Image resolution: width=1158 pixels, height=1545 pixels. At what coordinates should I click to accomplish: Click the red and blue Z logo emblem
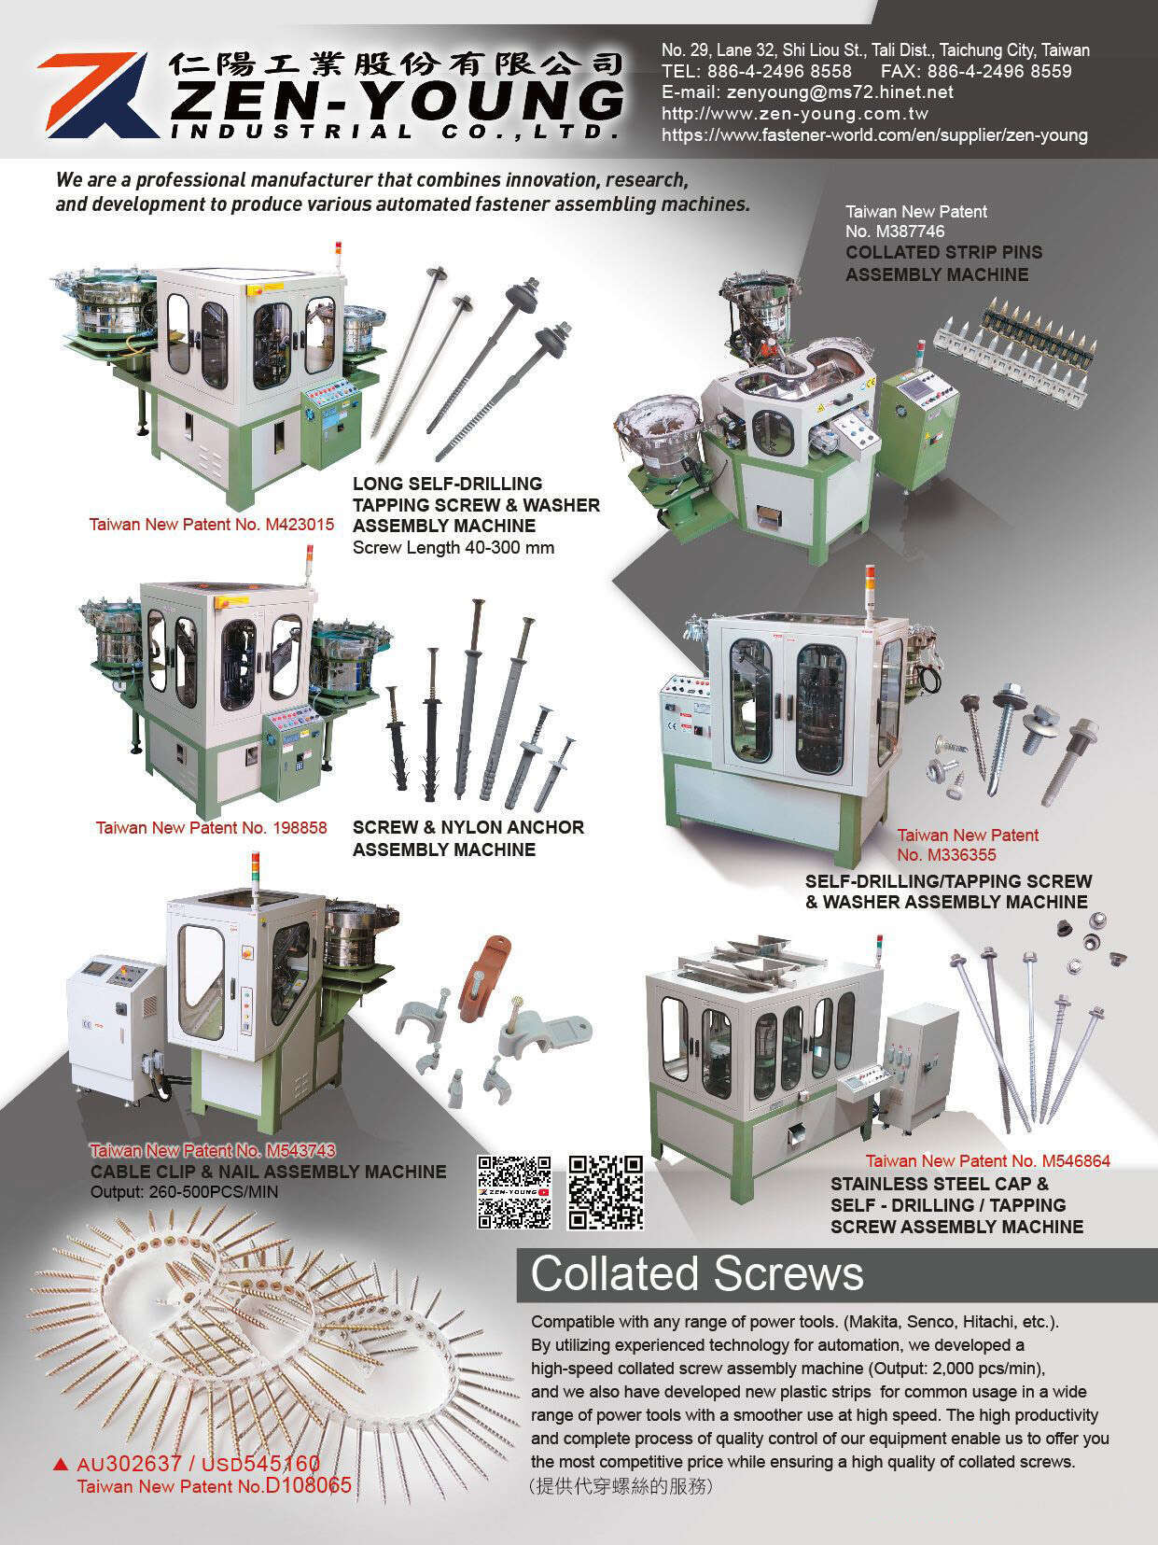[93, 95]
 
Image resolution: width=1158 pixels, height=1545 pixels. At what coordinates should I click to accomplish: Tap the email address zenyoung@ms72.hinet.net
[807, 92]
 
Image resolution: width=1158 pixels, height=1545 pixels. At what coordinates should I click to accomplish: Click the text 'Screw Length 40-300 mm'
[453, 548]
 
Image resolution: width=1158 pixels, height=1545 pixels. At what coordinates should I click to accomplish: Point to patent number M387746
[895, 232]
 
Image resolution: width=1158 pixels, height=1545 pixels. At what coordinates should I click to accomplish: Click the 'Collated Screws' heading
[697, 1274]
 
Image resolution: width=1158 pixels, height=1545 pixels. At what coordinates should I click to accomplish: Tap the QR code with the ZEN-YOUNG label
[513, 1192]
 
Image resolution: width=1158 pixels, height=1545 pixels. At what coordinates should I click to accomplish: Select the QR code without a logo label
[606, 1192]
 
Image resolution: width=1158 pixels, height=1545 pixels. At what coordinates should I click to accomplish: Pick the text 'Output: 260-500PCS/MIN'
[184, 1192]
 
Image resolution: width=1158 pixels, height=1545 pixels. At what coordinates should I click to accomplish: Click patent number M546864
[1075, 1161]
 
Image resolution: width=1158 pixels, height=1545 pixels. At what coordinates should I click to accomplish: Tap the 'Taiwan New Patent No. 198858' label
[211, 828]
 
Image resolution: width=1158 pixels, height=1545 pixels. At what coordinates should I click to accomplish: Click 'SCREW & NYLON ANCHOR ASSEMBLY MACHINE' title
[467, 838]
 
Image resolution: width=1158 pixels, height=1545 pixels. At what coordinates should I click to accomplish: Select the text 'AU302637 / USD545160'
[198, 1463]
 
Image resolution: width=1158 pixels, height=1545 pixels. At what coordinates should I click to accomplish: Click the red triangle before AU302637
[62, 1464]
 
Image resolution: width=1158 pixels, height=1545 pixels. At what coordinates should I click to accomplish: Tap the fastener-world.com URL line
[874, 135]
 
